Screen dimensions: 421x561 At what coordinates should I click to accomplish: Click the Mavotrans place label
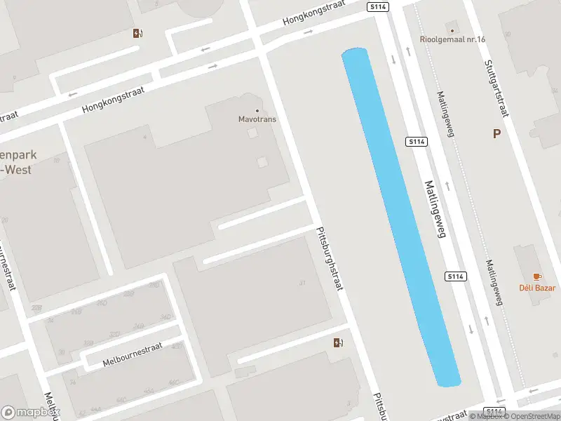(257, 119)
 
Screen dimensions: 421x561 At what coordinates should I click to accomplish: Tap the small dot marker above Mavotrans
(257, 110)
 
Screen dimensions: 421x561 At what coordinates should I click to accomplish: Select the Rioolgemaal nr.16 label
(453, 39)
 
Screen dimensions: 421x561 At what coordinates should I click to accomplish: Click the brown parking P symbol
(496, 134)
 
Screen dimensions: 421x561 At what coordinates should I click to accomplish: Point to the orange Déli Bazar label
(537, 288)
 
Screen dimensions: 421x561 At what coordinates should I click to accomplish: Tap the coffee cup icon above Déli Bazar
(537, 277)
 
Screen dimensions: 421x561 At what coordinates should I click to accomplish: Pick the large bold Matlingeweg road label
(435, 209)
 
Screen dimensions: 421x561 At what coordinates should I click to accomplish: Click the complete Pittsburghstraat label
(329, 259)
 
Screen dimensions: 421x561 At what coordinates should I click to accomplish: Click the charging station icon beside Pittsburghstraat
(338, 342)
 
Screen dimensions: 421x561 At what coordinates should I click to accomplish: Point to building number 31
(303, 283)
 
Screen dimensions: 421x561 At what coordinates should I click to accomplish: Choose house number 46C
(148, 390)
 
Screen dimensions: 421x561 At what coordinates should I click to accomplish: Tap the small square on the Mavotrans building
(262, 162)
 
